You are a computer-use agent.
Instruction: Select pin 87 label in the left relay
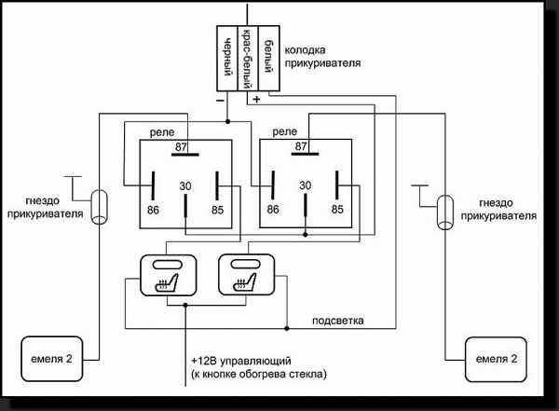(183, 146)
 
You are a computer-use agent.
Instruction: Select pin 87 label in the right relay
(301, 146)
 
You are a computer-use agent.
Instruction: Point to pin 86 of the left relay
(154, 211)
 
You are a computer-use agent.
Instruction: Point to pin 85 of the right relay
(336, 211)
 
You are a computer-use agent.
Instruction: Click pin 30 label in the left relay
(185, 186)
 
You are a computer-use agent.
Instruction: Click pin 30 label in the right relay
(305, 186)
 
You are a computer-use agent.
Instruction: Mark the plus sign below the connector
(256, 98)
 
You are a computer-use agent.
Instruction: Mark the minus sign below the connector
(219, 98)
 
